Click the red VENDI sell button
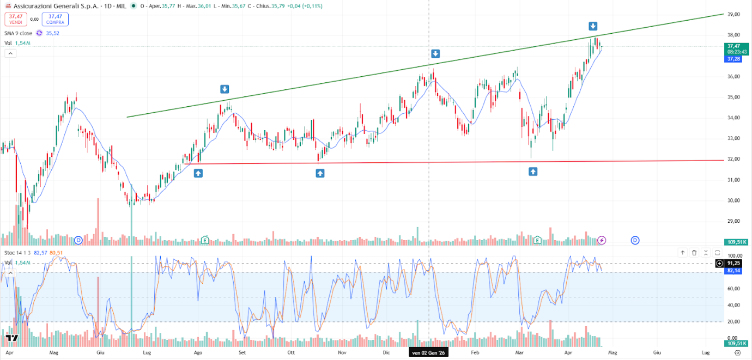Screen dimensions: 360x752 [16, 19]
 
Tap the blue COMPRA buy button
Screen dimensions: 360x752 [55, 19]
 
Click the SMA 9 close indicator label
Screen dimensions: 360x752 [19, 33]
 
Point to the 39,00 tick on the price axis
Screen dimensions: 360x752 [733, 15]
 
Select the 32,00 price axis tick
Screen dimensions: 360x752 [733, 159]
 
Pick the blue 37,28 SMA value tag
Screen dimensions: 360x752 [733, 59]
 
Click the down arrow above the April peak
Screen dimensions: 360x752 [593, 26]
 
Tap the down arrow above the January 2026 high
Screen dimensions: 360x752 [435, 53]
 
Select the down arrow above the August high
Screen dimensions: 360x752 [225, 89]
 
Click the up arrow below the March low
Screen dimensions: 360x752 [533, 172]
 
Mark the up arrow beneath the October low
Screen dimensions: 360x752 [320, 173]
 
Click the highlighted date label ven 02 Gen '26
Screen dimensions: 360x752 [428, 353]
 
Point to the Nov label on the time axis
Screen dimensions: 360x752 [342, 353]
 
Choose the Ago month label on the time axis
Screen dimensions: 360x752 [198, 353]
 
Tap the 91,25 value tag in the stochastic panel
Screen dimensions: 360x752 [734, 263]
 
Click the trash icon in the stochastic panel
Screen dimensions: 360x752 [694, 253]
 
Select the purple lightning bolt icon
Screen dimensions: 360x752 [602, 240]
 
